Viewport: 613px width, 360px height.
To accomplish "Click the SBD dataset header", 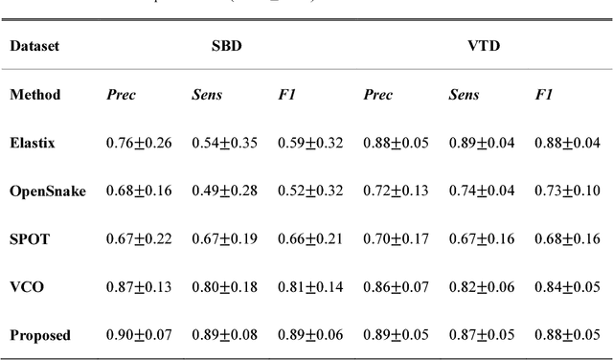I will (x=226, y=45).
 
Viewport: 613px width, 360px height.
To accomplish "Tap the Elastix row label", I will (x=33, y=143).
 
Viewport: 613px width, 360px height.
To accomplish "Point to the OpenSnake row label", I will (x=48, y=191).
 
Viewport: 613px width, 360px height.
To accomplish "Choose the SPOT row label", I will (x=29, y=238).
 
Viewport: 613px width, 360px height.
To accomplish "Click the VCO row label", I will (x=26, y=286).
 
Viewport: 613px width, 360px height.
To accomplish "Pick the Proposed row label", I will (x=40, y=335).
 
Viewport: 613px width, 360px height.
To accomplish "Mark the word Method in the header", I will (x=35, y=95).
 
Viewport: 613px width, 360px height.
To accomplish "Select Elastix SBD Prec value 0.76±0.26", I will (x=139, y=143).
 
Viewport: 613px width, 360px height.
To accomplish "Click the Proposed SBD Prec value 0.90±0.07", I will (x=139, y=335).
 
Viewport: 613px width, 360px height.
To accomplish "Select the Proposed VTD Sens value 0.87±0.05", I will (x=482, y=335).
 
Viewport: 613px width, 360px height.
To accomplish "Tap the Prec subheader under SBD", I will (x=120, y=95).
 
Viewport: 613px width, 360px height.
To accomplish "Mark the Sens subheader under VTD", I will (x=464, y=95).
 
